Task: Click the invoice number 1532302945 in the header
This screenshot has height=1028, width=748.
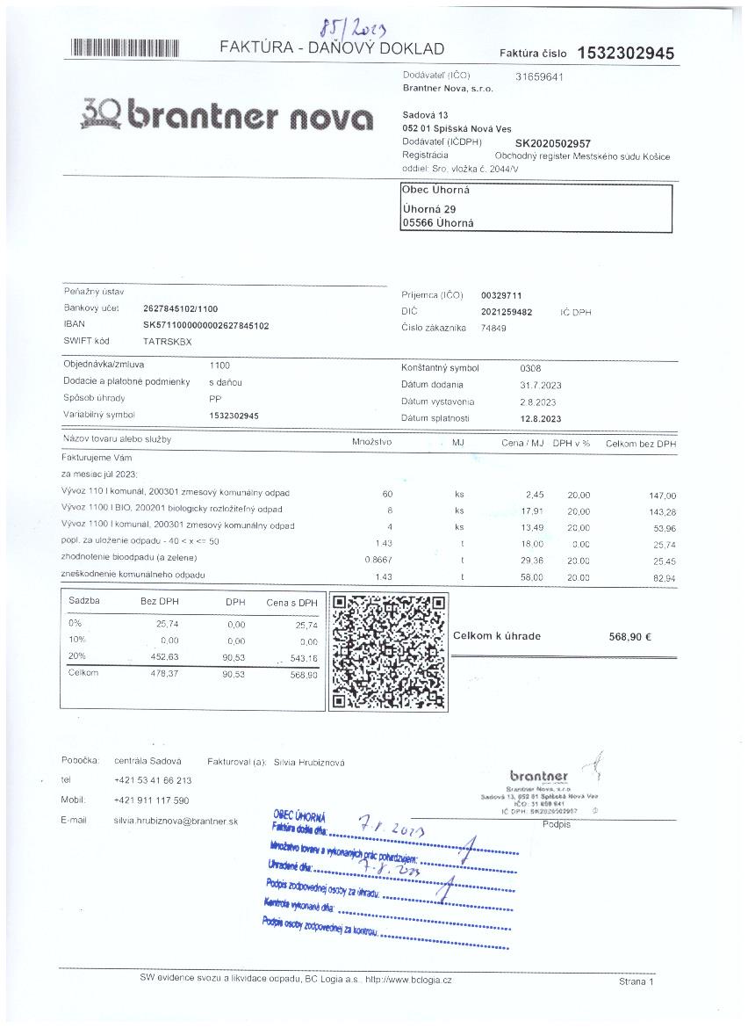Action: pyautogui.click(x=626, y=53)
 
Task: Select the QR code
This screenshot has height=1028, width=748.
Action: pyautogui.click(x=386, y=652)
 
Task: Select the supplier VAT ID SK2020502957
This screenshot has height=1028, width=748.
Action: pyautogui.click(x=552, y=142)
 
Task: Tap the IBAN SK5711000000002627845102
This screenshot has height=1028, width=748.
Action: pyautogui.click(x=205, y=325)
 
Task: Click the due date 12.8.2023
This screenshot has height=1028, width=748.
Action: pyautogui.click(x=542, y=418)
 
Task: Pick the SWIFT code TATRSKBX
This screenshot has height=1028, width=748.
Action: pyautogui.click(x=167, y=341)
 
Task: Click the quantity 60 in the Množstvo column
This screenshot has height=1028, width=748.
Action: pyautogui.click(x=387, y=495)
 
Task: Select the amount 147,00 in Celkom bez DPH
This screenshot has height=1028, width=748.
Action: pyautogui.click(x=662, y=496)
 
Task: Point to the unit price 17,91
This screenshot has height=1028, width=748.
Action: pyautogui.click(x=535, y=510)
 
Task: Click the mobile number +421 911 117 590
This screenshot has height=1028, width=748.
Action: pyautogui.click(x=151, y=800)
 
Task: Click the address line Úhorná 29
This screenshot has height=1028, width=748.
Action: pyautogui.click(x=429, y=208)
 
